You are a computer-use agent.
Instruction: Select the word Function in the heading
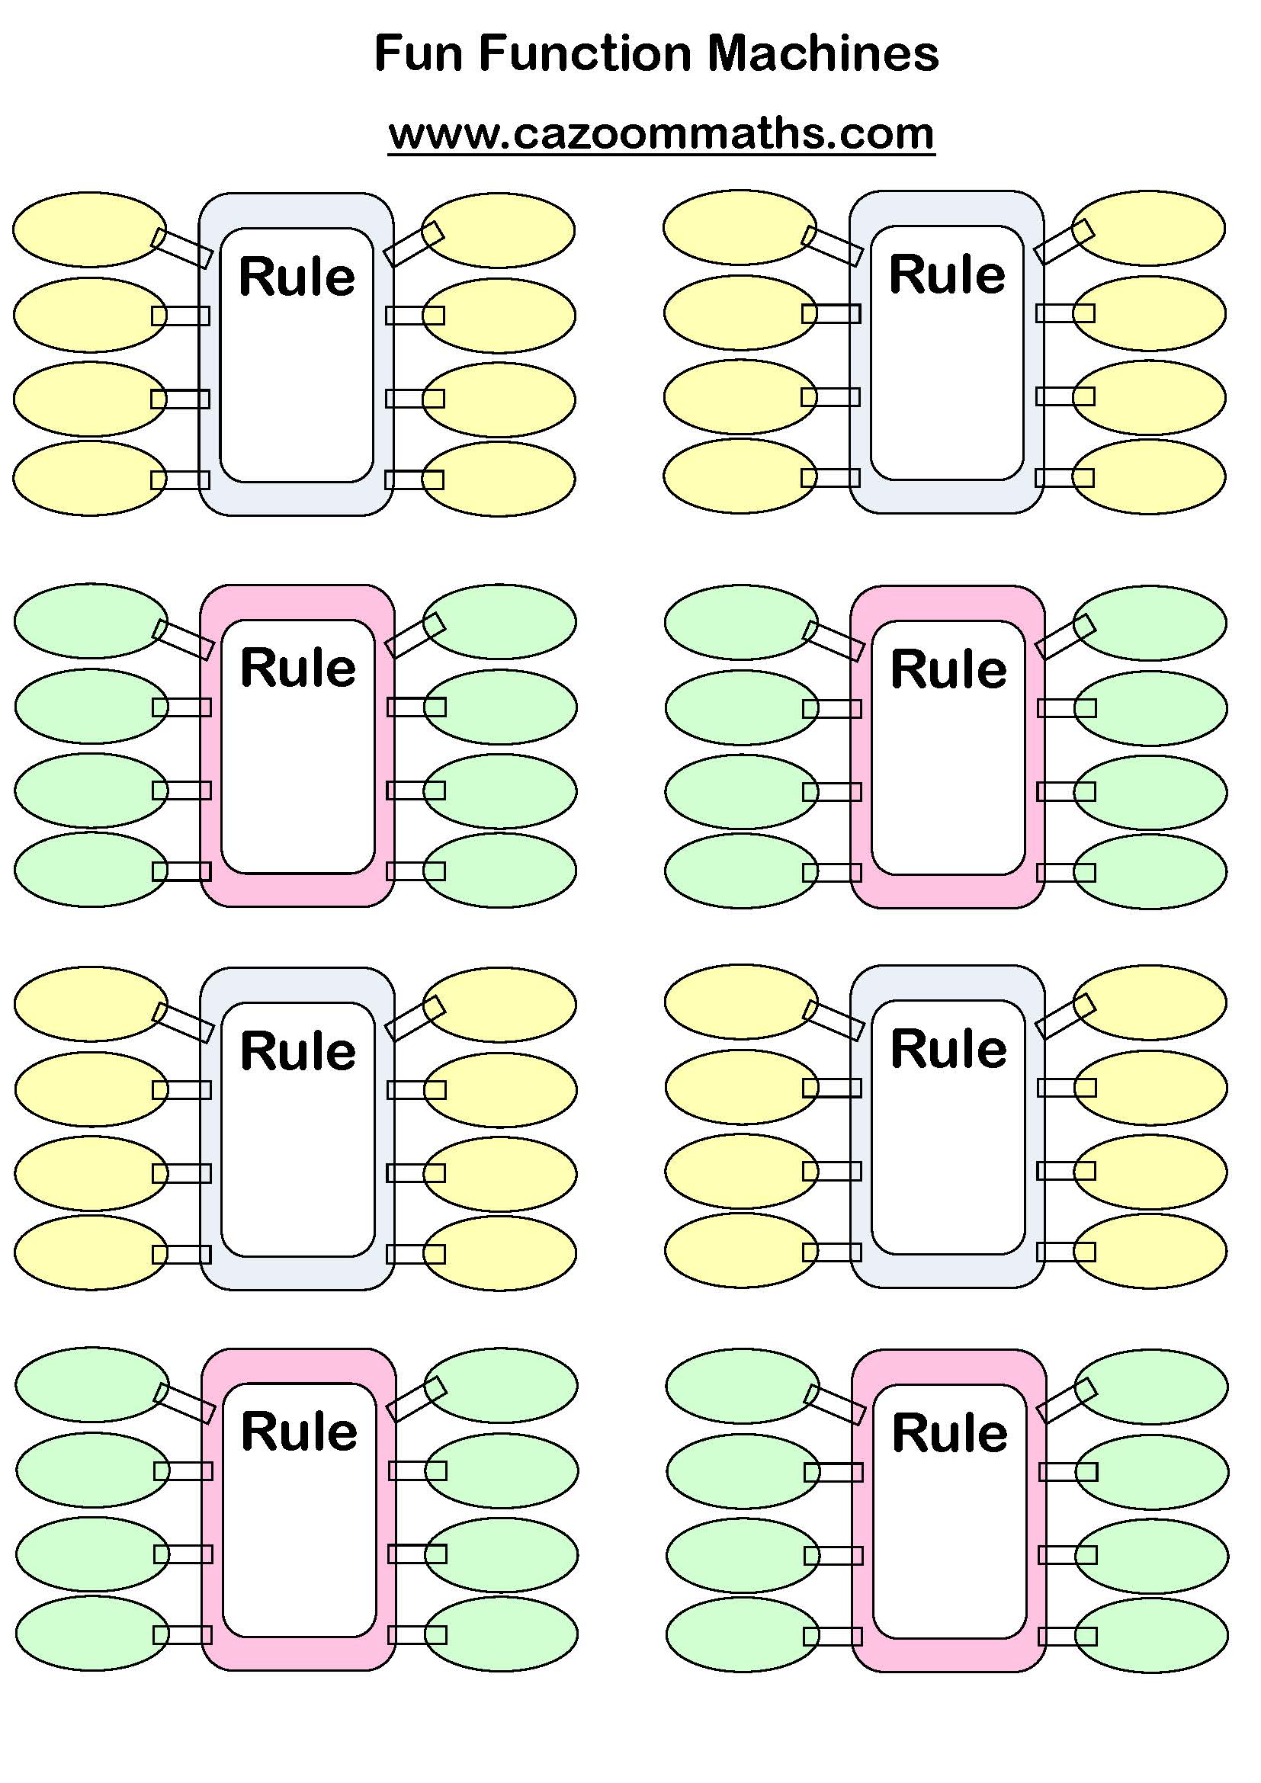click(584, 53)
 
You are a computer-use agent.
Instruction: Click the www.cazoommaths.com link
click(661, 133)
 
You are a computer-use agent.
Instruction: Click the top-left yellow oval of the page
click(89, 230)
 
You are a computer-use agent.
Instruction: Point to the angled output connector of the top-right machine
click(1064, 242)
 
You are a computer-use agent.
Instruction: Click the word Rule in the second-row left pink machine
click(298, 668)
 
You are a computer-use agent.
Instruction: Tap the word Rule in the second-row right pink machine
click(948, 669)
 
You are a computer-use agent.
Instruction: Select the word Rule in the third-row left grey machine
click(298, 1051)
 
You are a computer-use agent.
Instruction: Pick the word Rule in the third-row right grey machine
click(948, 1049)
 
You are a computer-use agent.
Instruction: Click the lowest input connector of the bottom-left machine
click(182, 1634)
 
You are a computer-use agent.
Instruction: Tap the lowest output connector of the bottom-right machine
click(1067, 1636)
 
